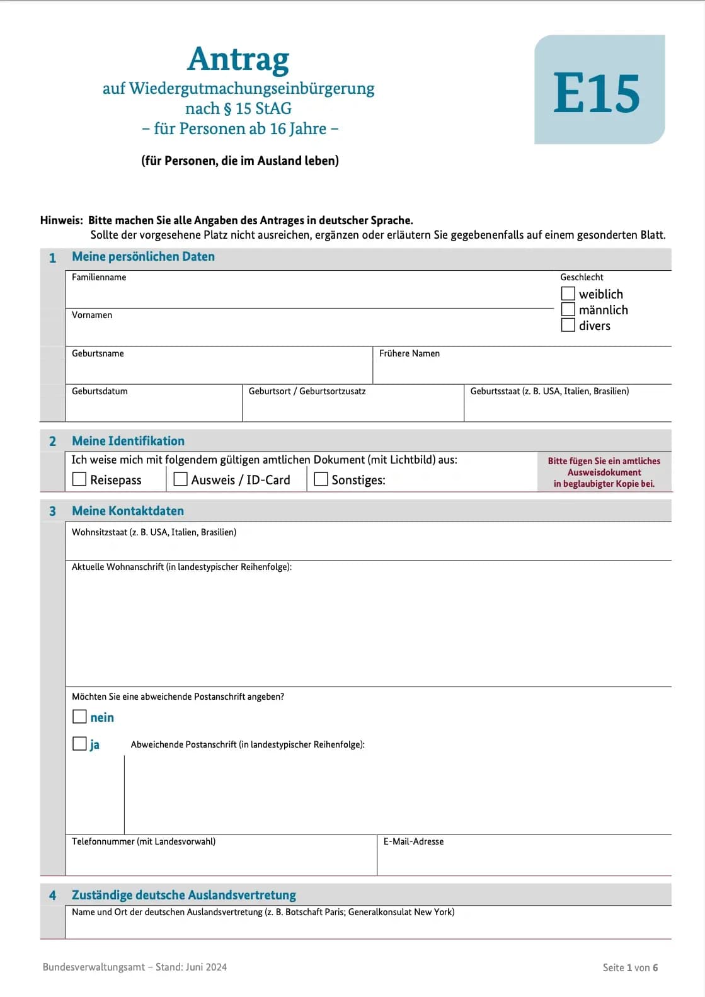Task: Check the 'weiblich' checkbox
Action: pos(568,293)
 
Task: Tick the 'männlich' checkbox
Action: pos(568,309)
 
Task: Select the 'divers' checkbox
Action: pos(568,325)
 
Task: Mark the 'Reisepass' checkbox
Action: pos(79,479)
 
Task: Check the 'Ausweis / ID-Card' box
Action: pos(180,479)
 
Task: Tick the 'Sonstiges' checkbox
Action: pos(321,479)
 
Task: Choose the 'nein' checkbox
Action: pos(79,717)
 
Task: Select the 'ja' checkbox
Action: pos(79,744)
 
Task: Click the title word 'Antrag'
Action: pos(238,59)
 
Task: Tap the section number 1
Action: pos(52,258)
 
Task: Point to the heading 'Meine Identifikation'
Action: pos(128,441)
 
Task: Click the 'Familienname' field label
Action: pos(99,277)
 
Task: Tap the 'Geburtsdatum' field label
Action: pos(100,391)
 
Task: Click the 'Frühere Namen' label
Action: pos(410,353)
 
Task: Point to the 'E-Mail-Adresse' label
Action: pos(413,841)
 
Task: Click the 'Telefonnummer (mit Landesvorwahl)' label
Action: pos(144,841)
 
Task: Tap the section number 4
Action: pos(52,896)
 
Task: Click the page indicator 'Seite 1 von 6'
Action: pos(630,967)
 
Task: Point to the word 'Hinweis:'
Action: pos(61,220)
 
